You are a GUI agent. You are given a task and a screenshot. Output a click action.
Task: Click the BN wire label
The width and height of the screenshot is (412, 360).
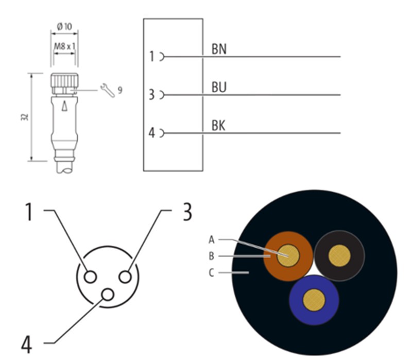coord(219,49)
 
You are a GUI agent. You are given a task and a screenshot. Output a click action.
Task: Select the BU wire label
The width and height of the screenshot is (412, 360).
coord(219,87)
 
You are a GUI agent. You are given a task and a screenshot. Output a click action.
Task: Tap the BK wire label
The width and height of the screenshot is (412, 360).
coord(219,125)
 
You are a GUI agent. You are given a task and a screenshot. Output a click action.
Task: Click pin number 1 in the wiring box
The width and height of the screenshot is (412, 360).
coord(152,57)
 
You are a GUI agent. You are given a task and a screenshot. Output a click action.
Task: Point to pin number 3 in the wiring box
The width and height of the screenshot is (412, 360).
coord(152,95)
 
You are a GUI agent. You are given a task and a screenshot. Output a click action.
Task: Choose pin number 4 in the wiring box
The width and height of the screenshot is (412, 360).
coord(152,133)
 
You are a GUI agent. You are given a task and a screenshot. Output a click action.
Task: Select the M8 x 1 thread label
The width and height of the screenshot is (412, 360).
coord(64,45)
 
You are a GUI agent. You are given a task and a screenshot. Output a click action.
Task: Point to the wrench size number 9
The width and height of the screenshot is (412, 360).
coord(120,90)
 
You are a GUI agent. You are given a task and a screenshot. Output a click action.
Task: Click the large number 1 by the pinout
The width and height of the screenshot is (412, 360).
coord(29,211)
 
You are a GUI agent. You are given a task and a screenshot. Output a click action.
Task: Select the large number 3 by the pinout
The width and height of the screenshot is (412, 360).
coord(187,211)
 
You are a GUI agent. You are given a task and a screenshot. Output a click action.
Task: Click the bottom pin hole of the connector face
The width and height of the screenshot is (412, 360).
coord(108,295)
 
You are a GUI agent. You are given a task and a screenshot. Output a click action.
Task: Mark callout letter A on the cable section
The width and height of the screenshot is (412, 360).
coord(211,239)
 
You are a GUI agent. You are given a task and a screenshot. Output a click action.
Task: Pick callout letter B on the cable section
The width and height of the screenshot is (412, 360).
coord(211,255)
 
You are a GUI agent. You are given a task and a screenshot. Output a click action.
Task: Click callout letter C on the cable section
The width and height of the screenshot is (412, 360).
coord(211,272)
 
